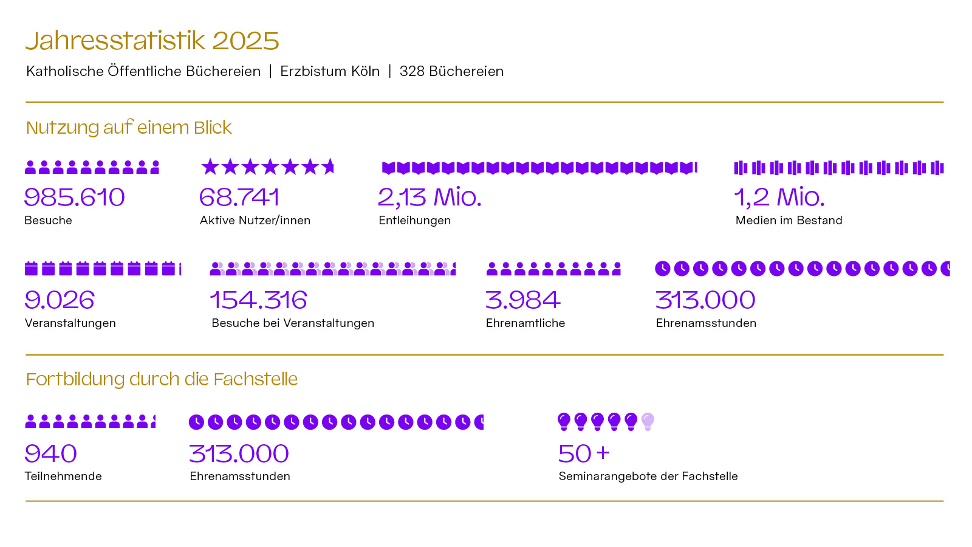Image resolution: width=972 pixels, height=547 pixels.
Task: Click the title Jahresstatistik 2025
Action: coord(152,41)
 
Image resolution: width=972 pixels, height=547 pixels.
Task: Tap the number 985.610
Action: coord(74,197)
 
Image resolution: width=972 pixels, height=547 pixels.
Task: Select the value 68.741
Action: coord(239,197)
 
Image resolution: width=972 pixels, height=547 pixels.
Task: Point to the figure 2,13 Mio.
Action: coord(430,197)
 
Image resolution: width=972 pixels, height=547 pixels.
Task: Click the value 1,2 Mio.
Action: coord(779,197)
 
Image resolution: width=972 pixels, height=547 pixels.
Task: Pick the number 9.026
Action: coord(60,300)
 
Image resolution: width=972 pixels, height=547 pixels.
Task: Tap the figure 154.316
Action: coord(259,300)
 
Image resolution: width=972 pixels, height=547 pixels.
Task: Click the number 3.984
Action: coord(522,300)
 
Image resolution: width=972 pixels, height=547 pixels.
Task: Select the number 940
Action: coord(50,453)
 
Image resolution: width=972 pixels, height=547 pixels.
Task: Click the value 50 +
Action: coord(583,453)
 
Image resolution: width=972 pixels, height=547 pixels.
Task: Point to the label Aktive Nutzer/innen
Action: coord(255,220)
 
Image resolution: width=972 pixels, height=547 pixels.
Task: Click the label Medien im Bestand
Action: coord(789,220)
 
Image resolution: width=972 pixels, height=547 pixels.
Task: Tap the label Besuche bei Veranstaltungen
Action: coord(293,323)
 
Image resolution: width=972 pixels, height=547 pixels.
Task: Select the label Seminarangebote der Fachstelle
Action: coord(648,476)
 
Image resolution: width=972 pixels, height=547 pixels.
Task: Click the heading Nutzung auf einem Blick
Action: coord(129,128)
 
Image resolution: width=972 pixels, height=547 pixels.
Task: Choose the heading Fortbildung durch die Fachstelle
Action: coord(162,379)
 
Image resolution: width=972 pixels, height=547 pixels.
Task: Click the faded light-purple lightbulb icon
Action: coord(648,421)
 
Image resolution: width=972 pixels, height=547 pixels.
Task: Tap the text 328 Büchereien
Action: coord(451,71)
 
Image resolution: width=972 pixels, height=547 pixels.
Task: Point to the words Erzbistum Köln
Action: coord(330,71)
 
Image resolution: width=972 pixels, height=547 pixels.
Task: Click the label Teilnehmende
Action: coord(63,476)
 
